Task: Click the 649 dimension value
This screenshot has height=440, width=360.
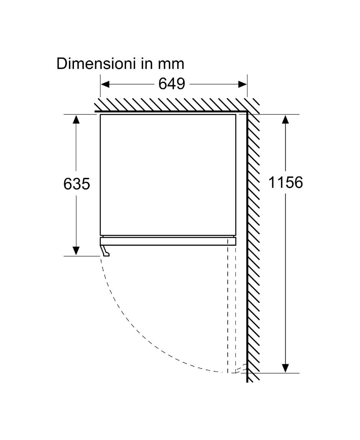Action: pos(172,84)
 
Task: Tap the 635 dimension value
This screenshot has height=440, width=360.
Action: pos(76,184)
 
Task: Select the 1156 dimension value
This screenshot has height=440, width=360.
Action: pos(286,183)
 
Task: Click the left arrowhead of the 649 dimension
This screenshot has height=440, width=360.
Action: pos(105,84)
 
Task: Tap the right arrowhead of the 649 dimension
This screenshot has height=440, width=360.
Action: pos(242,84)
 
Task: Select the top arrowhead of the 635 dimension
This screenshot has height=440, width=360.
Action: pos(76,119)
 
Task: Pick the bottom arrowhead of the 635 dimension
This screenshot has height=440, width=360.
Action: pos(76,251)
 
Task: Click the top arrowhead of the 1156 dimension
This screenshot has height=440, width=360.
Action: pos(285,119)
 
